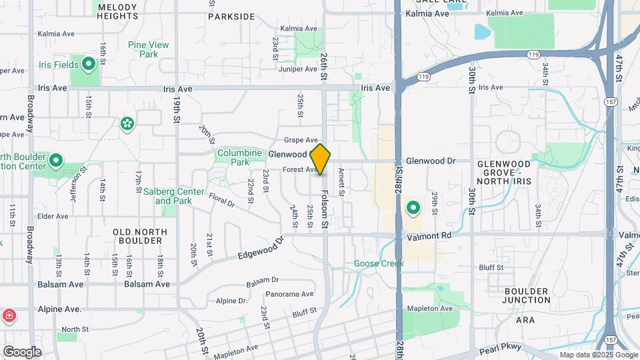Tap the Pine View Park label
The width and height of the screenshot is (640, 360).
148,50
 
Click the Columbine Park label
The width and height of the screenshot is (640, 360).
239,157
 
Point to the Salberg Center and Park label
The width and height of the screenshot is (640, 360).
173,196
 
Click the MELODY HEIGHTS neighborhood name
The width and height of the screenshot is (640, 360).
117,11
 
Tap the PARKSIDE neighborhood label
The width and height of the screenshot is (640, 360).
231,16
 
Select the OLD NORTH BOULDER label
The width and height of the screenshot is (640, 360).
140,236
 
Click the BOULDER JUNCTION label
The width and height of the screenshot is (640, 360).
526,296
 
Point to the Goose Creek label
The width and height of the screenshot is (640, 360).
379,263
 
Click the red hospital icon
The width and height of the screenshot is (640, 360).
9,315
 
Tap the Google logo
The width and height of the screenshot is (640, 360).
22,351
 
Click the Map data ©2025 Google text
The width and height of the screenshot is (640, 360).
598,355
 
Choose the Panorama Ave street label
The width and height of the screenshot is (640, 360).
289,294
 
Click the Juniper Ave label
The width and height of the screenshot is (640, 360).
298,68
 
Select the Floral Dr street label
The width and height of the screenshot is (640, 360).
222,198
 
